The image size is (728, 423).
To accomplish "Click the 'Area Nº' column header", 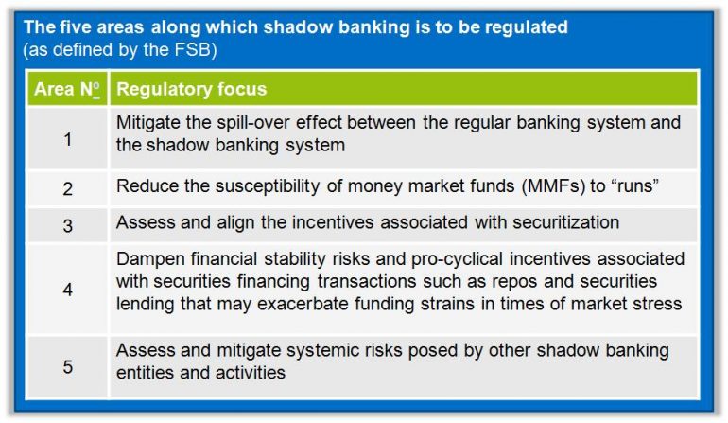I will tap(67, 90).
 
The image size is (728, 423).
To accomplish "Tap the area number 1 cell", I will tap(67, 138).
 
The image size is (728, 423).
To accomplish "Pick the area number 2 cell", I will tap(67, 187).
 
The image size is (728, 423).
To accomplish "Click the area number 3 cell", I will tap(67, 224).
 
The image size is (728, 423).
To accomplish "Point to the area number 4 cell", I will tap(67, 289).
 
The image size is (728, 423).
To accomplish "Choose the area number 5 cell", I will tap(67, 364).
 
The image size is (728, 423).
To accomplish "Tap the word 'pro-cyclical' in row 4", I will tap(436, 258).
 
